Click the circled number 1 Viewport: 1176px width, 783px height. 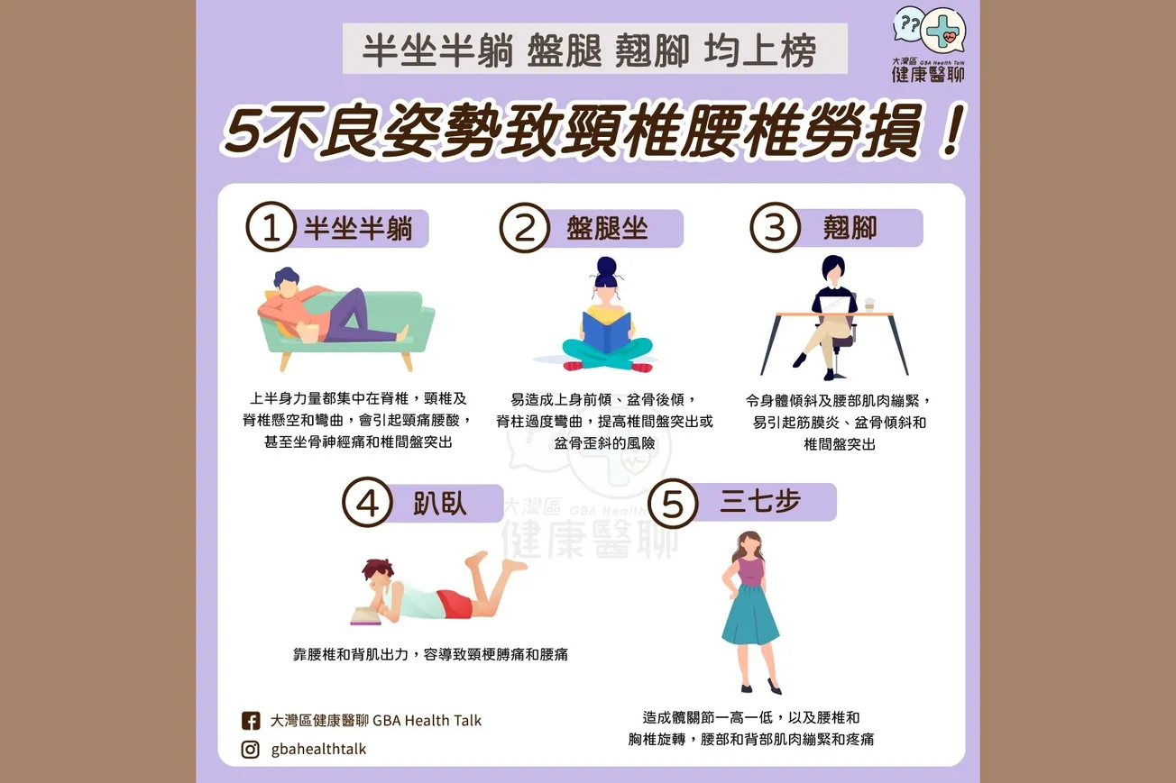tap(271, 229)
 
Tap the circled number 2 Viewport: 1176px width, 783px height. tap(525, 229)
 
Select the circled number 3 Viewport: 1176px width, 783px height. tap(775, 229)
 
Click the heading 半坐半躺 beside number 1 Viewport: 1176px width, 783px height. tap(358, 229)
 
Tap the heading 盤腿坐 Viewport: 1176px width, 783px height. tap(607, 228)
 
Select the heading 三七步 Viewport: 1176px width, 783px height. tap(760, 502)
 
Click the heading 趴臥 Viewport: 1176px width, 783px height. tap(440, 503)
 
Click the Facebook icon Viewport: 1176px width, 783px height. tap(251, 721)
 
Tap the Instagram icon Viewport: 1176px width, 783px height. tap(251, 749)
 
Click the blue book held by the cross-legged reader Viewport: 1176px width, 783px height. tap(607, 332)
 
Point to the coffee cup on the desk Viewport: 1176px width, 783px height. tap(870, 305)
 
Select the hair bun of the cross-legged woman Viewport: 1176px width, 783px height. tap(606, 266)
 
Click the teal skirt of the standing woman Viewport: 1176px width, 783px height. tap(749, 615)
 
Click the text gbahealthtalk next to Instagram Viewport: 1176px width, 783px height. tap(318, 749)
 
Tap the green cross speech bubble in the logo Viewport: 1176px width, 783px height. tap(944, 31)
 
